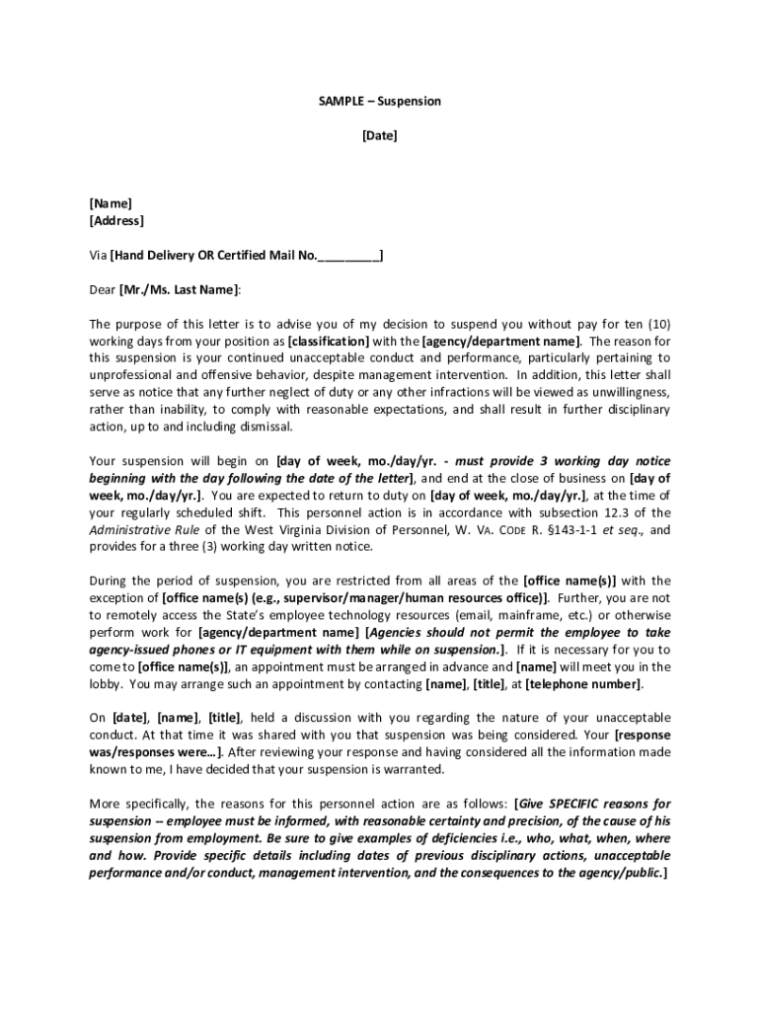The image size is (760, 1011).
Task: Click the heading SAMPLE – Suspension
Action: pos(380,102)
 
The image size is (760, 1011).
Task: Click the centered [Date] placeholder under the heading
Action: pos(380,136)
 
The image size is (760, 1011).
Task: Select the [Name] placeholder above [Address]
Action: pos(111,203)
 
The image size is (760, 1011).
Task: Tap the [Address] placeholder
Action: pos(116,221)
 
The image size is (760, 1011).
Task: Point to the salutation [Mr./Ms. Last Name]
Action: pos(179,290)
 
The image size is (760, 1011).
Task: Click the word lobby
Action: pos(106,684)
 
